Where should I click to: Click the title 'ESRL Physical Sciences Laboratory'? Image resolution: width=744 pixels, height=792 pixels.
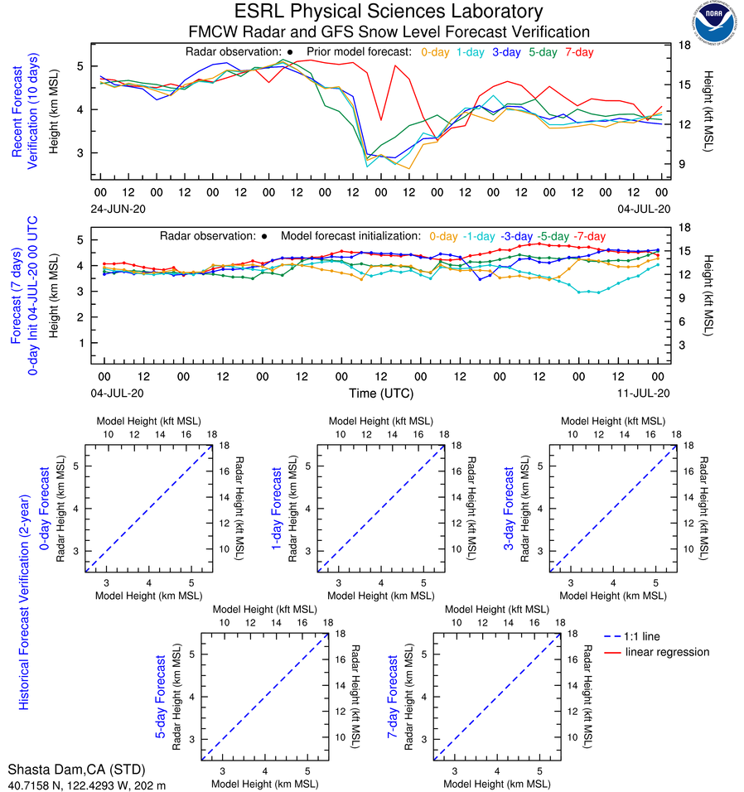(x=389, y=12)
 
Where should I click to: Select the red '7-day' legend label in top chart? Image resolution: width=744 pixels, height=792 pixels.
(x=579, y=52)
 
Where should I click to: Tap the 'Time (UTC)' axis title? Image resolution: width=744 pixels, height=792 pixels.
(x=381, y=393)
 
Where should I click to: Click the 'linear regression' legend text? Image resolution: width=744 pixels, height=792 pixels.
(x=668, y=652)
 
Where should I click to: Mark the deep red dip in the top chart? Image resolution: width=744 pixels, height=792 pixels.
(x=380, y=120)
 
